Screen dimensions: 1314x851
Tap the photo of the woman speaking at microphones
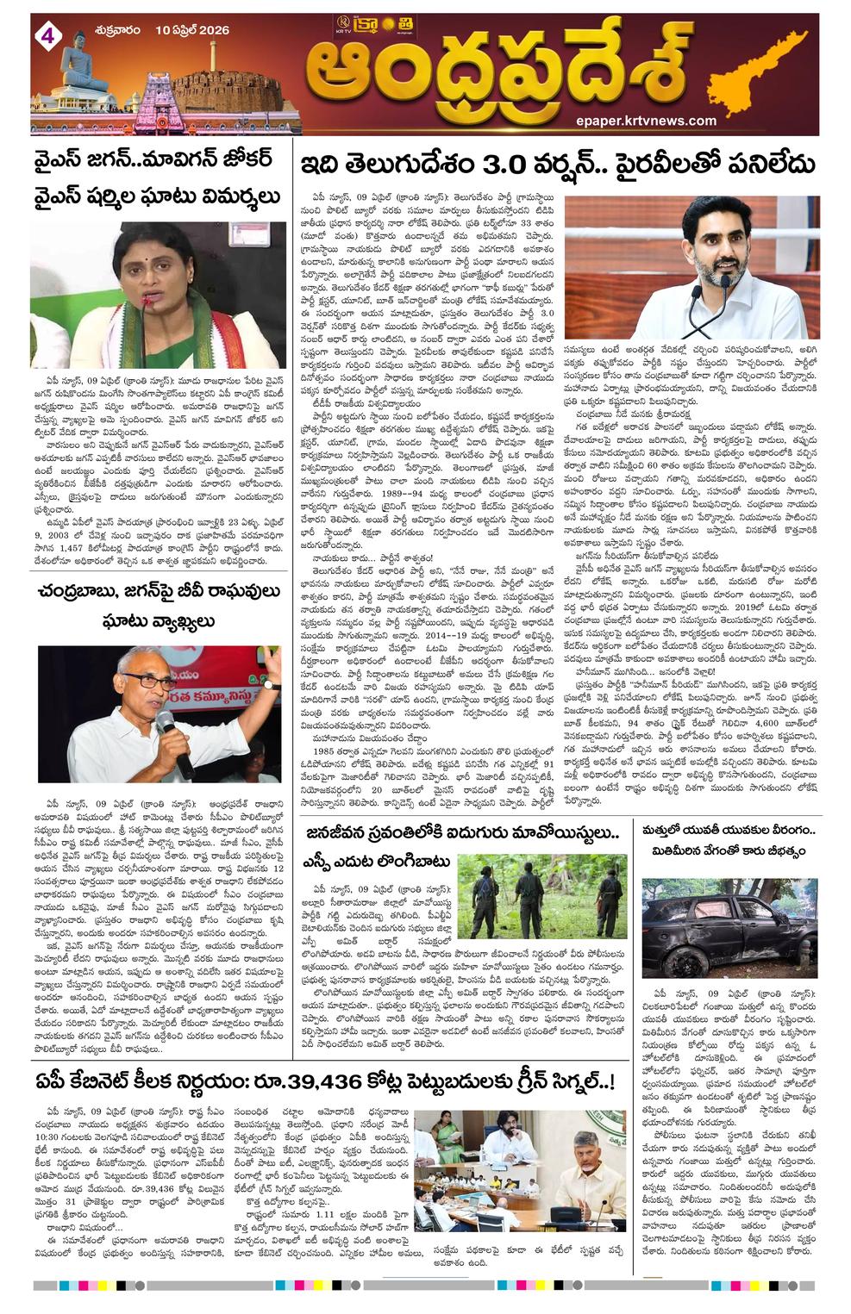[x=158, y=295]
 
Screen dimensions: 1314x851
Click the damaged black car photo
[x=729, y=928]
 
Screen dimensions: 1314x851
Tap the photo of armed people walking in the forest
[x=542, y=900]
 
